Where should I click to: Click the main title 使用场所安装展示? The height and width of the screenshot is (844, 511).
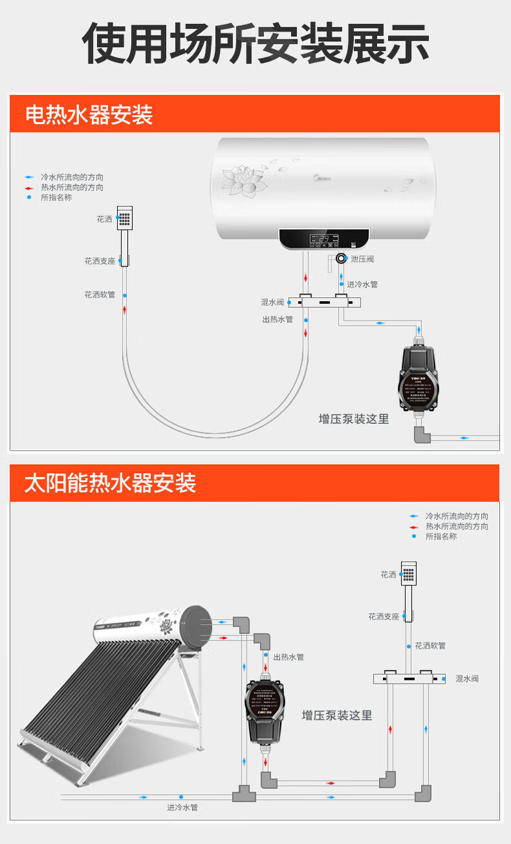click(255, 44)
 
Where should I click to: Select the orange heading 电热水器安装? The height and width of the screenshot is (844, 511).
click(89, 115)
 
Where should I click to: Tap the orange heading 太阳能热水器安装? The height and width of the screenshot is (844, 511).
click(110, 483)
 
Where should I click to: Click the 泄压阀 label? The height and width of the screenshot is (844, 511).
click(362, 258)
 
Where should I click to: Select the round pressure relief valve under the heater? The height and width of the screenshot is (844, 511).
click(341, 259)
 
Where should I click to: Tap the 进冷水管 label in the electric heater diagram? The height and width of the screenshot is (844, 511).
click(362, 284)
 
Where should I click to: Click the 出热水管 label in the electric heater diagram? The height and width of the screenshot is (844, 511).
click(277, 319)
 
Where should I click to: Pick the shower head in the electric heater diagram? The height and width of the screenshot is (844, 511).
click(124, 220)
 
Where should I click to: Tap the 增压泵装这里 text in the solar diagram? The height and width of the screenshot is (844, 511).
click(337, 715)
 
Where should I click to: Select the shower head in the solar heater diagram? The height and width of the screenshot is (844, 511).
click(408, 574)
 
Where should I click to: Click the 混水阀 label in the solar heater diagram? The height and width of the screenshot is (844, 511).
click(467, 679)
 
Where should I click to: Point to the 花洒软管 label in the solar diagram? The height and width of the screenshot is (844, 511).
click(430, 645)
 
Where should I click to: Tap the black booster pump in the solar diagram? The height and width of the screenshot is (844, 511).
click(265, 711)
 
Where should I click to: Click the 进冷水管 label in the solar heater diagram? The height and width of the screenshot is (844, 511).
click(182, 807)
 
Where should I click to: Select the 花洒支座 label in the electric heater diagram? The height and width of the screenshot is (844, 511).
click(99, 261)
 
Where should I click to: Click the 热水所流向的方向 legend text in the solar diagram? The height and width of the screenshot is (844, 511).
click(457, 527)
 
